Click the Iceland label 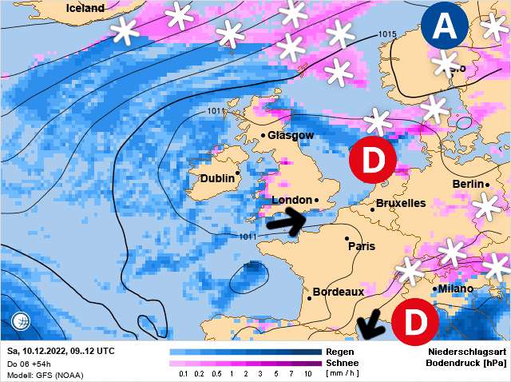point(85,8)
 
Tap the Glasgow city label point(291,137)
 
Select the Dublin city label point(216,178)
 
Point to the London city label point(291,200)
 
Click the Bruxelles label point(400,203)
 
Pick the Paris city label point(362,246)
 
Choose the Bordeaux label point(339,292)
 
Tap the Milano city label point(455,288)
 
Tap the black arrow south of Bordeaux point(370,326)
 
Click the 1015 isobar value point(388,34)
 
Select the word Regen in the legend point(339,352)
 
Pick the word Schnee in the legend point(343,362)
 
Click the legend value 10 point(308,373)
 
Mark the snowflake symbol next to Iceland point(124,30)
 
